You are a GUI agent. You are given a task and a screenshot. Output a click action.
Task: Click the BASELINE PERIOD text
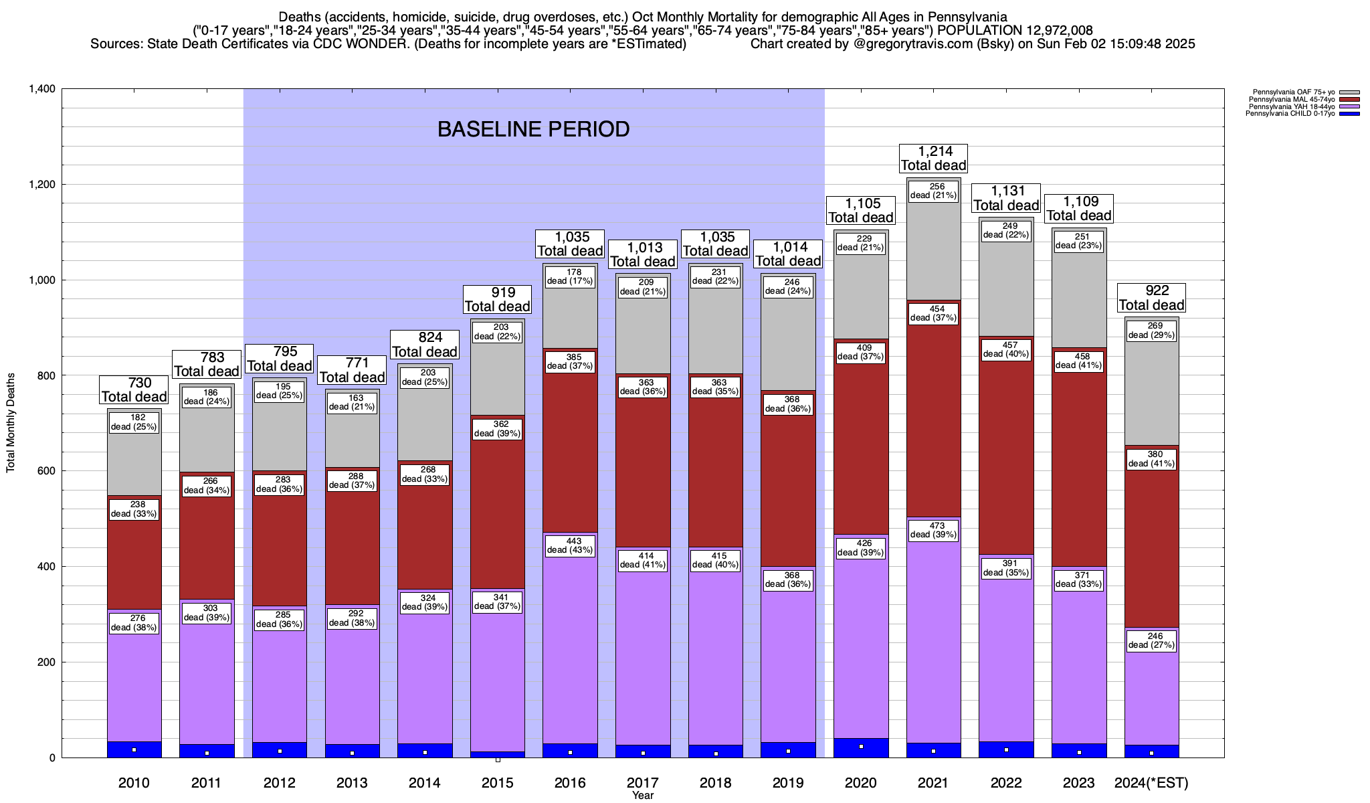[x=533, y=129]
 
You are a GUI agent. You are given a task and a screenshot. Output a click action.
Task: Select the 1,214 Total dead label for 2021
[x=934, y=159]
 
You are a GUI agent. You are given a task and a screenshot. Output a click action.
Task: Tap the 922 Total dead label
[x=1151, y=298]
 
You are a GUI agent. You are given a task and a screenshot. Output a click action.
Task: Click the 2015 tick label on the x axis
[x=497, y=782]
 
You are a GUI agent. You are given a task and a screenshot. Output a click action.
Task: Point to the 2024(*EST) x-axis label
[x=1151, y=782]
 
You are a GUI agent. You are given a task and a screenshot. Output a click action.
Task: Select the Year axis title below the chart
[x=643, y=796]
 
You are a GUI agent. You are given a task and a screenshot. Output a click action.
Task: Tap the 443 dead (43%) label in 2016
[x=570, y=546]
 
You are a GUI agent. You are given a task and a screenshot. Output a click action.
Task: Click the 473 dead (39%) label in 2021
[x=933, y=530]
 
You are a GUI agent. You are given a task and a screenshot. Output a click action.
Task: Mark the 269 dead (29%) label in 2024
[x=1151, y=331]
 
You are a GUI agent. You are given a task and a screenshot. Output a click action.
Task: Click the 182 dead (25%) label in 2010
[x=134, y=422]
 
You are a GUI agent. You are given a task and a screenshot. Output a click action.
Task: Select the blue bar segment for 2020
[x=861, y=748]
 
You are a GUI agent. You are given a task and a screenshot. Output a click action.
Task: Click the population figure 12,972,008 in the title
[x=1052, y=30]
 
